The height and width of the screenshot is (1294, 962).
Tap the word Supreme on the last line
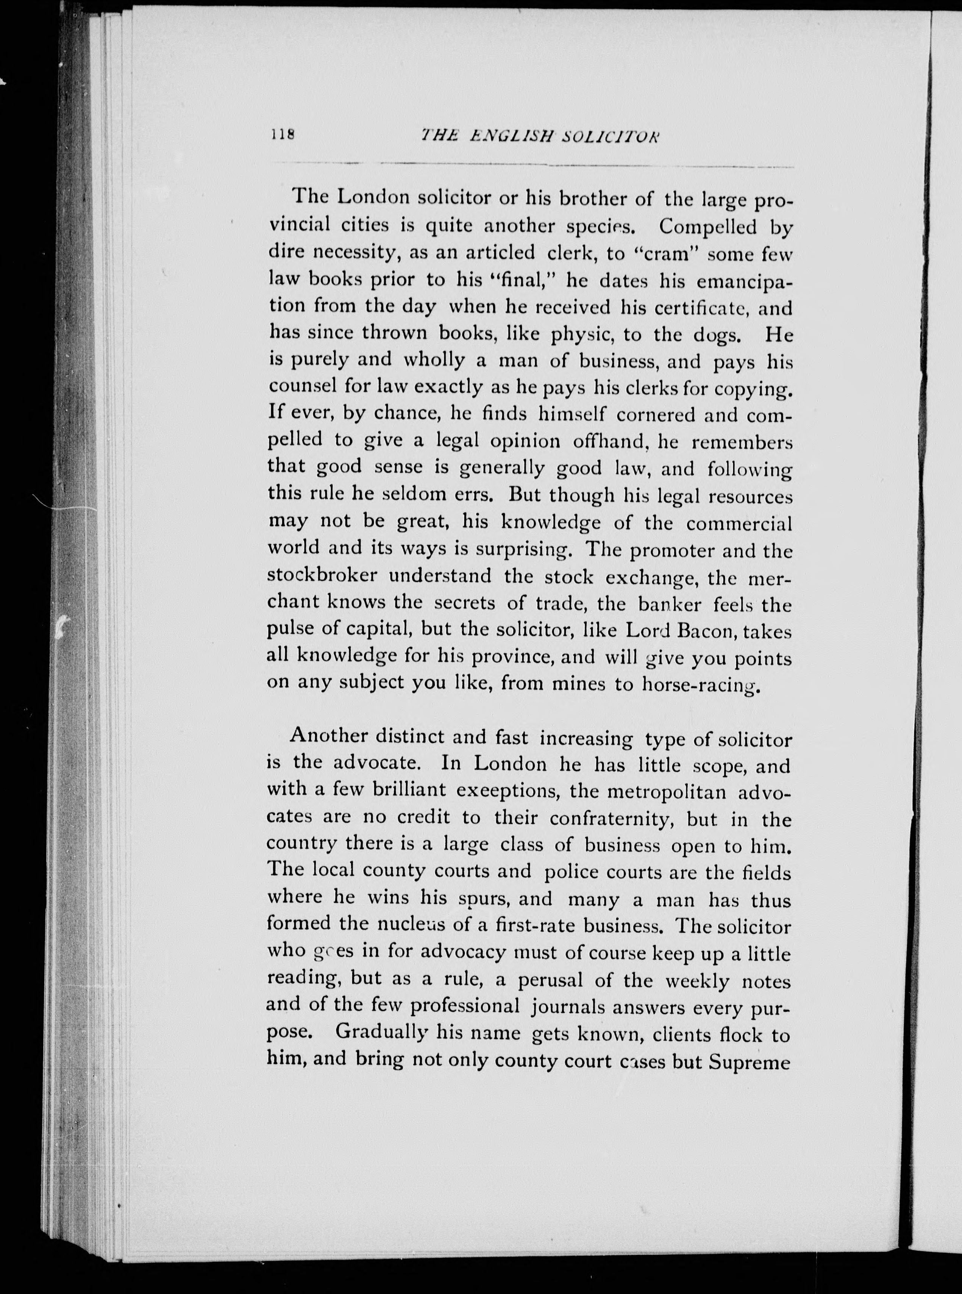[x=750, y=1061]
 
